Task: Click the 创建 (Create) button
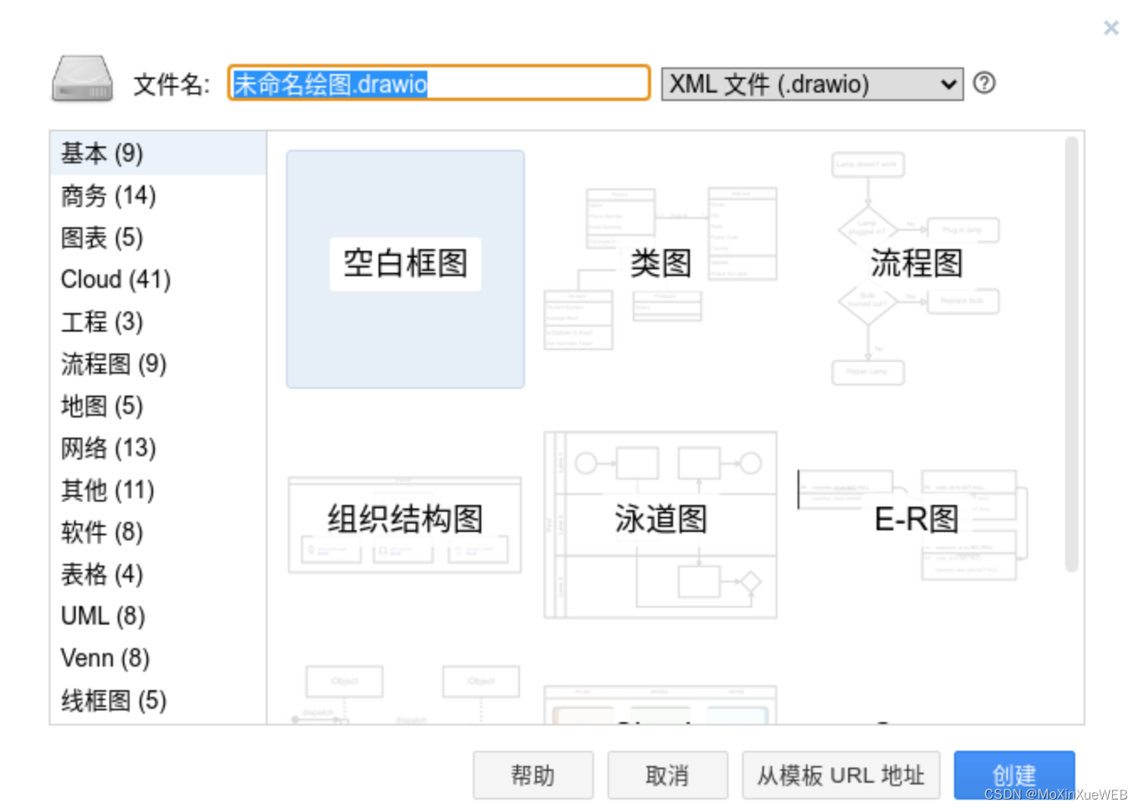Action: click(1014, 774)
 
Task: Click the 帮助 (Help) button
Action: click(533, 775)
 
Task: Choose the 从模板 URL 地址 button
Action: click(840, 775)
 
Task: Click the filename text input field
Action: click(437, 83)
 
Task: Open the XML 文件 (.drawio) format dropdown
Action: click(812, 84)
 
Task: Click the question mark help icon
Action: click(984, 83)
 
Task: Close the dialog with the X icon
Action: click(1111, 29)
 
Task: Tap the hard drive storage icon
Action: click(82, 80)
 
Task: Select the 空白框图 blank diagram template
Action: click(406, 268)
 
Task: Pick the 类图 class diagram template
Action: click(660, 263)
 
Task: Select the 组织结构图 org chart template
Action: click(405, 523)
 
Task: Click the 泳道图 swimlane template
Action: click(660, 523)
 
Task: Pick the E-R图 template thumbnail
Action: click(916, 523)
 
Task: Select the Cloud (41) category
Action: click(115, 279)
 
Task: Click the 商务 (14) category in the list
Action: click(109, 196)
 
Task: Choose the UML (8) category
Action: click(103, 616)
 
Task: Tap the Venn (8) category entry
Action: click(105, 658)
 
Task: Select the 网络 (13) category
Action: click(109, 448)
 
